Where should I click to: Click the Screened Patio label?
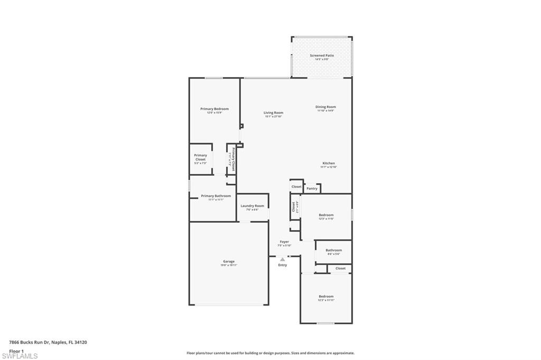321,55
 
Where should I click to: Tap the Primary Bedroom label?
214,109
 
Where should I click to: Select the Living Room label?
274,112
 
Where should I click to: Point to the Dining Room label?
326,107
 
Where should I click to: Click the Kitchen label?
329,164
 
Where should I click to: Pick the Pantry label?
312,188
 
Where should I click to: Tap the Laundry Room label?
252,206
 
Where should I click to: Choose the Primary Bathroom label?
216,196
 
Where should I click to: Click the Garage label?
229,261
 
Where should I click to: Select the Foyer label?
284,242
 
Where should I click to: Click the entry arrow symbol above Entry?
283,259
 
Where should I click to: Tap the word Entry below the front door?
283,265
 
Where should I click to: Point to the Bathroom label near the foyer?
333,250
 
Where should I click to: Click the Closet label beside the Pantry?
296,186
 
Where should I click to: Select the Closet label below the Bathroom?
340,268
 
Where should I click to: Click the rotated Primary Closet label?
232,158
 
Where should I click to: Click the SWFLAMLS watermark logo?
20,356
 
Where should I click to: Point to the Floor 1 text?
17,350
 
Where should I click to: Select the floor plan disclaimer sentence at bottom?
270,353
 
